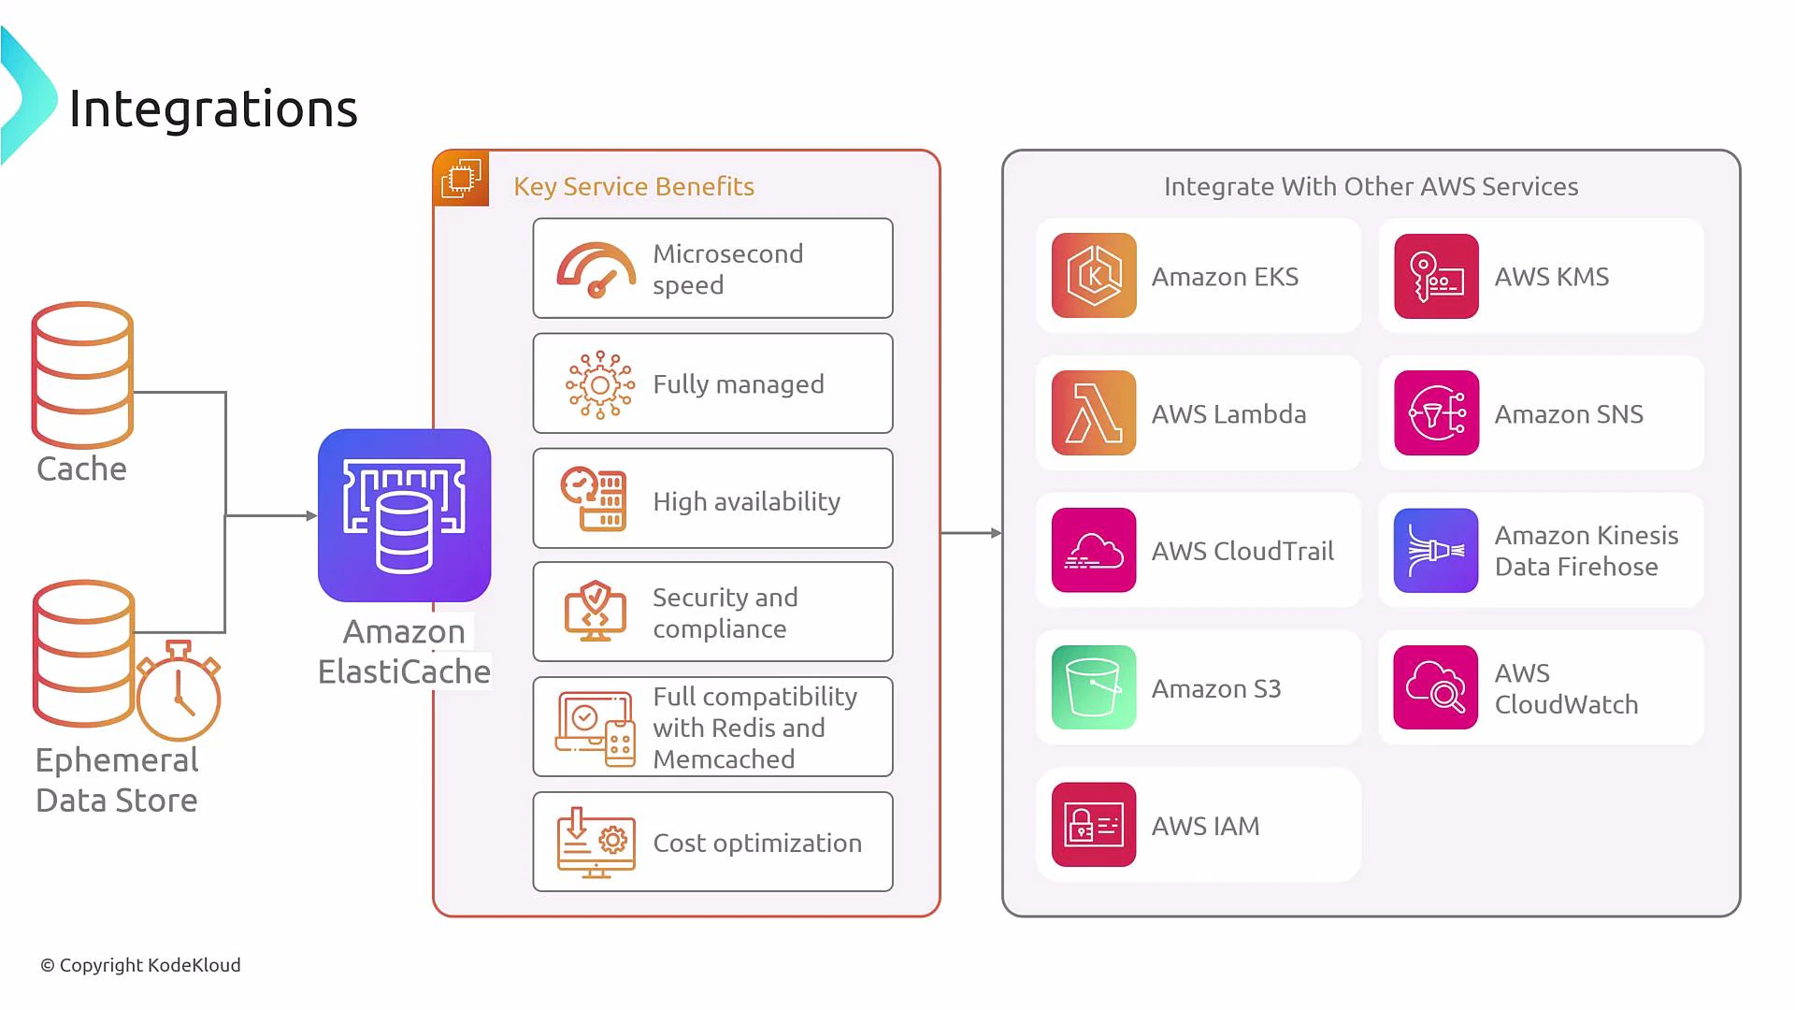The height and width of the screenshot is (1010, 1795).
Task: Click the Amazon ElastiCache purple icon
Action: coord(404,515)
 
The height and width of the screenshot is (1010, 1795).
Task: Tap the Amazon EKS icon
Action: coord(1093,276)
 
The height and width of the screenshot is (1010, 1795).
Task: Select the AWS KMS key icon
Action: coord(1436,276)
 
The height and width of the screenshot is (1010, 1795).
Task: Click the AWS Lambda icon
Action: coord(1093,412)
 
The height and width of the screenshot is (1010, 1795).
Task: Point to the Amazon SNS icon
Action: coord(1436,412)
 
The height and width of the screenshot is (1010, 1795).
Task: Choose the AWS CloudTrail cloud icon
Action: coord(1093,550)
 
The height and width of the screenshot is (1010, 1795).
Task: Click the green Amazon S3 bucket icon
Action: coord(1093,687)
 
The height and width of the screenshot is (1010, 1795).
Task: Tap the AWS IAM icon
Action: coord(1093,825)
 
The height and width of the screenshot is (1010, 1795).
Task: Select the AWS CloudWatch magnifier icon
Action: coord(1436,687)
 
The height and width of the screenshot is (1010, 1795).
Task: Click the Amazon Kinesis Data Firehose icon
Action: coord(1436,550)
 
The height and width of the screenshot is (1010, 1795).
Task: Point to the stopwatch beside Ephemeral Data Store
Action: coord(179,691)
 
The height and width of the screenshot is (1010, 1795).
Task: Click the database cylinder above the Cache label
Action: coord(82,374)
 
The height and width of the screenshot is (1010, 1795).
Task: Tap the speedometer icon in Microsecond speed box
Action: coord(596,270)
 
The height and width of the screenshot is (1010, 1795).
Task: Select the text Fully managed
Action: coord(738,384)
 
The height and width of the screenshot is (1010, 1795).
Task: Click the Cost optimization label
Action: coord(756,843)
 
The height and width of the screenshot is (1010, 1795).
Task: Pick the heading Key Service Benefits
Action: coord(633,186)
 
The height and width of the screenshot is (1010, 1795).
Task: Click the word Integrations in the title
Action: coord(213,108)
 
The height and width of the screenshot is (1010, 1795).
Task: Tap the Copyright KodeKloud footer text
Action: coord(140,965)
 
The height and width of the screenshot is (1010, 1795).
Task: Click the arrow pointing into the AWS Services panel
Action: coord(971,533)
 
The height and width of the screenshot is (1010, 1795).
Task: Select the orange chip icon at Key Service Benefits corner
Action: coord(461,178)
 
